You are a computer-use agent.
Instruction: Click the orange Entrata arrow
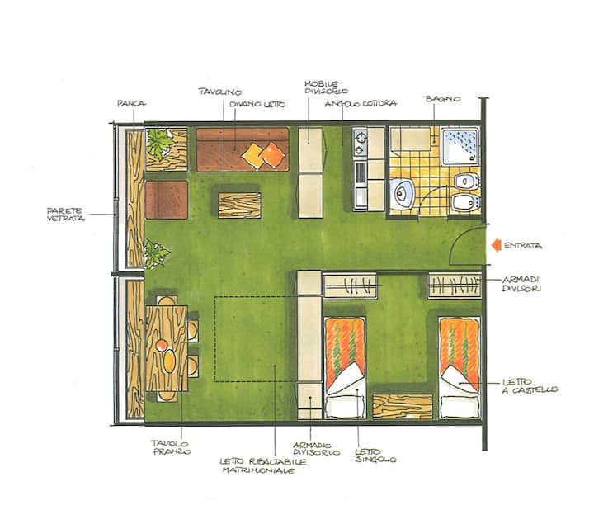(x=497, y=246)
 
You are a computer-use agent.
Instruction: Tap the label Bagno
(x=443, y=99)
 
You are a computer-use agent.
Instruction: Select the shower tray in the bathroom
(x=460, y=146)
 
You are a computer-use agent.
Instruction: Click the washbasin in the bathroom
(x=403, y=193)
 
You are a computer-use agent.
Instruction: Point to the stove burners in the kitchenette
(x=360, y=143)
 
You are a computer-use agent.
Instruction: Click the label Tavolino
(x=220, y=92)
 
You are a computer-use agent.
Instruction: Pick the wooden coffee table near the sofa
(x=239, y=205)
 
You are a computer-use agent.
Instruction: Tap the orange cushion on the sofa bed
(x=273, y=154)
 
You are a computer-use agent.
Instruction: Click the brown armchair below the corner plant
(x=167, y=200)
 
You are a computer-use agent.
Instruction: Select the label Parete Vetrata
(x=66, y=215)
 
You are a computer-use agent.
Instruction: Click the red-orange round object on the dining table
(x=162, y=345)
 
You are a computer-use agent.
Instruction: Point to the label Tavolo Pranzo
(x=172, y=447)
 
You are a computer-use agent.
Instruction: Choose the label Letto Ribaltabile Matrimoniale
(x=263, y=466)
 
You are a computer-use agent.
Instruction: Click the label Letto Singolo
(x=375, y=456)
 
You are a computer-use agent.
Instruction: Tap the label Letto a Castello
(x=530, y=386)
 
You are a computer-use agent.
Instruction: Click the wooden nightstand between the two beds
(x=403, y=406)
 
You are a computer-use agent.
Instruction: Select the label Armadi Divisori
(x=521, y=284)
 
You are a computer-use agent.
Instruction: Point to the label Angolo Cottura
(x=361, y=103)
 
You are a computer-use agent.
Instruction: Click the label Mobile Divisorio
(x=326, y=87)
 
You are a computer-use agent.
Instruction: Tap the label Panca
(x=131, y=103)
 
